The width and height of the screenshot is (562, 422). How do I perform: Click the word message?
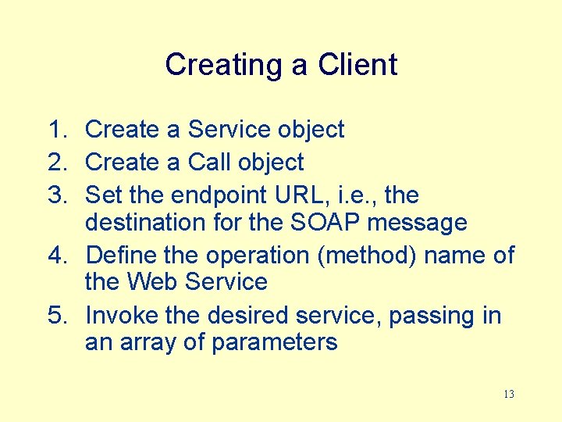click(x=417, y=224)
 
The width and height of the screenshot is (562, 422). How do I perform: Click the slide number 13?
click(x=508, y=394)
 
